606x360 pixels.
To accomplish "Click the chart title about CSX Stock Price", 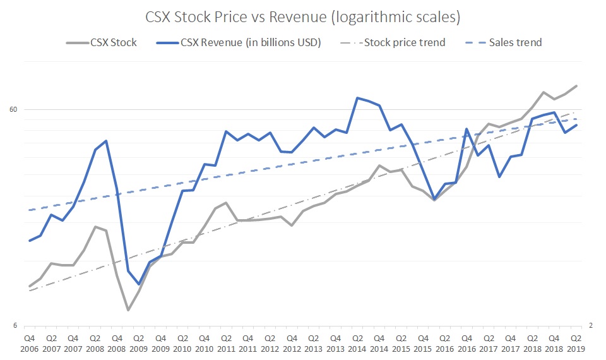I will coord(302,17).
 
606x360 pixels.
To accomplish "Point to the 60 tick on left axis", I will coord(12,109).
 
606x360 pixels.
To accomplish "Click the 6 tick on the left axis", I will coord(15,326).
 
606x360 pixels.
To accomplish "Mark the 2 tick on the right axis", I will coord(591,326).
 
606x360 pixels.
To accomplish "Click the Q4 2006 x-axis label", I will coord(29,343).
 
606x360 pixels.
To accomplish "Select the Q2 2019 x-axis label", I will coord(576,343).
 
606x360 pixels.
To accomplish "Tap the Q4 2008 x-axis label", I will coord(117,343).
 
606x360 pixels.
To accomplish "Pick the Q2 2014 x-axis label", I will coord(357,343).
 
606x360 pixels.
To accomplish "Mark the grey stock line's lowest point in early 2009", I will coord(128,310).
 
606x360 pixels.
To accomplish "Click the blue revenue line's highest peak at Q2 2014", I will coord(357,98).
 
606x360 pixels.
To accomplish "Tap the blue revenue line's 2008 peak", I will coord(106,141).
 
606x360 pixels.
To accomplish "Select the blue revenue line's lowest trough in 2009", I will coord(139,284).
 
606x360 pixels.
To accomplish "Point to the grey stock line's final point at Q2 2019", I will coord(576,86).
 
